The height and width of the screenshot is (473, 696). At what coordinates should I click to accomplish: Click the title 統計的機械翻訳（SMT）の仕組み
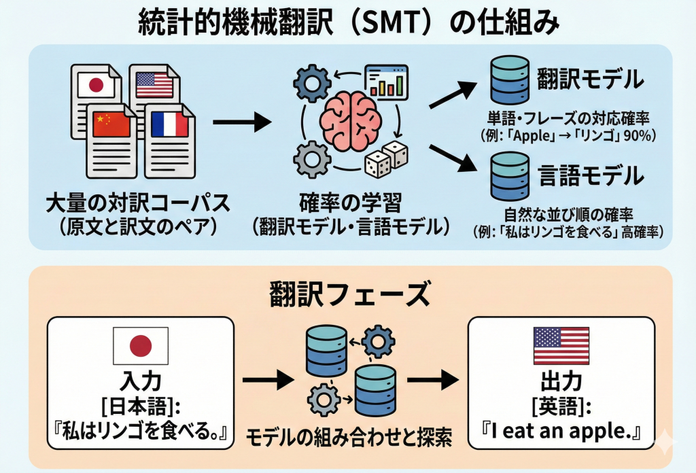pos(348,23)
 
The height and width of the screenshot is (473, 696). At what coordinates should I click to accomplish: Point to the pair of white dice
pos(385,158)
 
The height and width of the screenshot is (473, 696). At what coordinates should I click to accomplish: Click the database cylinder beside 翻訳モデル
pos(508,80)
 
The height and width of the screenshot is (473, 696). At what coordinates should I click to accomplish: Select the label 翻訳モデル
pos(589,80)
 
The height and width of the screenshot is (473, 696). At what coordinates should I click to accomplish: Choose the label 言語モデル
pos(589,176)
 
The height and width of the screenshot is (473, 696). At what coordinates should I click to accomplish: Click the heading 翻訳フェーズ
pos(348,294)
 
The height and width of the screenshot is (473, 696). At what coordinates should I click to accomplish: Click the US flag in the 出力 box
pos(561,345)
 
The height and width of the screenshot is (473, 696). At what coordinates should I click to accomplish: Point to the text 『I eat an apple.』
pos(561,432)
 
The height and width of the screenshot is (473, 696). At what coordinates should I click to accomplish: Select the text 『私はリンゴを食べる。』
pos(140,432)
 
